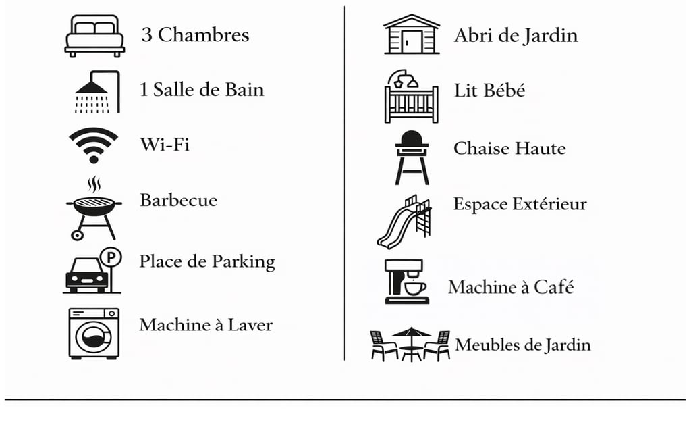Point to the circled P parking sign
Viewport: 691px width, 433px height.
click(x=110, y=257)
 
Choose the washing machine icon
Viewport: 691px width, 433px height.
click(x=94, y=333)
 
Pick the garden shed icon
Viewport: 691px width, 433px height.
click(x=411, y=34)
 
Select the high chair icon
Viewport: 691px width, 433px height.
click(x=412, y=157)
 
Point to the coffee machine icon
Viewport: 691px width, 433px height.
click(x=407, y=281)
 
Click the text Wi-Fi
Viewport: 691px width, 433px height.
click(x=164, y=144)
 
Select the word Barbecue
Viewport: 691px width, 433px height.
click(x=179, y=200)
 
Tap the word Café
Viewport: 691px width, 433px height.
click(x=553, y=286)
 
